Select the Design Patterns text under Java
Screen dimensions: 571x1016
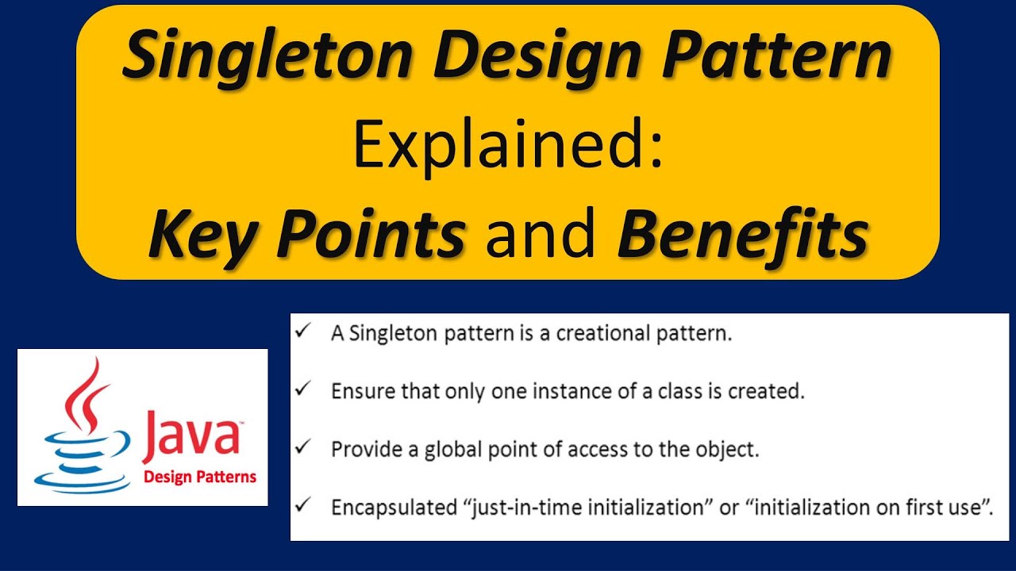click(x=199, y=477)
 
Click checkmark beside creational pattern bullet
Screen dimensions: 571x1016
click(x=302, y=331)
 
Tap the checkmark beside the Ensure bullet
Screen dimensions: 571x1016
click(x=302, y=389)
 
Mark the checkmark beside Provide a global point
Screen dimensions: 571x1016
click(x=302, y=447)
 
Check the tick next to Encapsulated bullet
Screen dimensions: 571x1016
click(x=302, y=505)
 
